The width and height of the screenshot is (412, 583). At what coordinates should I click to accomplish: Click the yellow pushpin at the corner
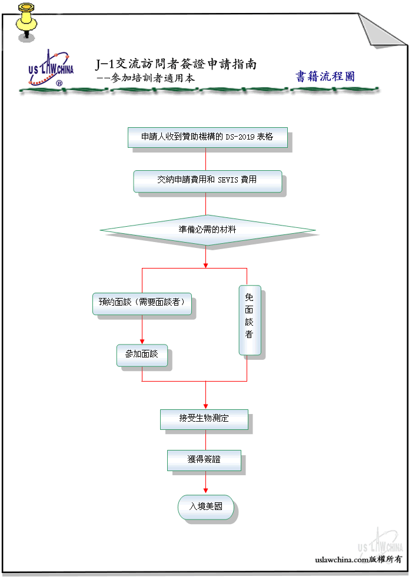(26, 22)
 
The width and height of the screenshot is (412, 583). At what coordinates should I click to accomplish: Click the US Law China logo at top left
(51, 68)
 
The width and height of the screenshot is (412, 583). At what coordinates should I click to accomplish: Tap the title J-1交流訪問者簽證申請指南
(176, 64)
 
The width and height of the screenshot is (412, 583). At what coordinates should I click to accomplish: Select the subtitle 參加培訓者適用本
(152, 78)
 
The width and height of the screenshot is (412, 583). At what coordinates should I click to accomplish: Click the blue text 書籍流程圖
(325, 76)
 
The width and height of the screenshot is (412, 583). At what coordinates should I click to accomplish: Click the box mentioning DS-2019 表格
(208, 137)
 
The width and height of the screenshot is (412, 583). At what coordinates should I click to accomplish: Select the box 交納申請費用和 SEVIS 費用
(208, 181)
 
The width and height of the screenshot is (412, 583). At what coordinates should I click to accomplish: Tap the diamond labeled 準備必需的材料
(207, 230)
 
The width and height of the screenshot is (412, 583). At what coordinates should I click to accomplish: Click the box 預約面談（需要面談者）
(142, 304)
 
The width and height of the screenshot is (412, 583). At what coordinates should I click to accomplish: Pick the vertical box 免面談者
(250, 320)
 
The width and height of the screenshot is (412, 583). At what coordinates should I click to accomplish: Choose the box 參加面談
(142, 356)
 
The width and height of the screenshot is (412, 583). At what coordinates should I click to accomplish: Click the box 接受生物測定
(204, 419)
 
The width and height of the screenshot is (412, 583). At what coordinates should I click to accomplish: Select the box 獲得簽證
(204, 461)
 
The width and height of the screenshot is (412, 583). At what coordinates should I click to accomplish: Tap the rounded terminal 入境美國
(206, 507)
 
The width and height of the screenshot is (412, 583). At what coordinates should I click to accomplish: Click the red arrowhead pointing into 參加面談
(142, 342)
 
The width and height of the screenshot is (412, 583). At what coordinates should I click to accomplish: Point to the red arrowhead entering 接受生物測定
(205, 407)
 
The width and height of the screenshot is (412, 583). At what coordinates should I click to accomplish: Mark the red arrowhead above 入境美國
(205, 491)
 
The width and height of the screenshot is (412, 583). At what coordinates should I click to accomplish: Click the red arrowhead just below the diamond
(205, 266)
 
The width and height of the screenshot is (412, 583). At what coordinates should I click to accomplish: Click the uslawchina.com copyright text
(358, 559)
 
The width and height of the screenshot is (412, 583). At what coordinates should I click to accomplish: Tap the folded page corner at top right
(379, 32)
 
